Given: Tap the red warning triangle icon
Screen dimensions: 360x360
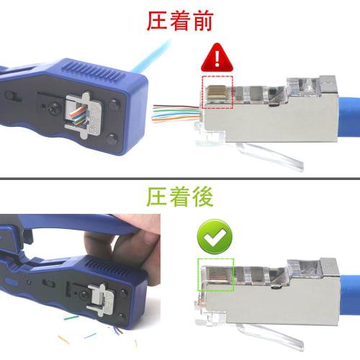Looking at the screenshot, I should tap(215, 55).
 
